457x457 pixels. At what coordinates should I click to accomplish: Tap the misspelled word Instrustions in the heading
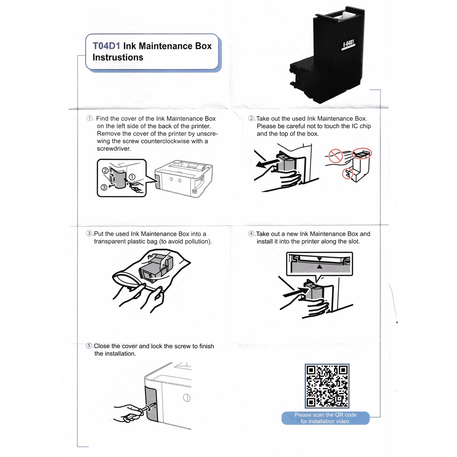(x=118, y=57)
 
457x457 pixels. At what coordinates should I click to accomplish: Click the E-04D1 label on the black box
(x=348, y=45)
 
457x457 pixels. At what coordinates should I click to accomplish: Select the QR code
(x=326, y=386)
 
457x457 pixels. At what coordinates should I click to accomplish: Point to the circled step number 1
(x=89, y=119)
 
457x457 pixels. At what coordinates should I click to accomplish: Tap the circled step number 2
(x=252, y=119)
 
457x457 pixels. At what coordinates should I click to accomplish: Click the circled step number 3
(x=89, y=234)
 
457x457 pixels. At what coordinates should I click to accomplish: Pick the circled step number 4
(x=252, y=234)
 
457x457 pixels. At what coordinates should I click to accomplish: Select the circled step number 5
(x=89, y=346)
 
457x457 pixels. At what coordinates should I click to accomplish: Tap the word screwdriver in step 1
(x=113, y=149)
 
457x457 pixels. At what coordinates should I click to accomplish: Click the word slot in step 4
(x=353, y=241)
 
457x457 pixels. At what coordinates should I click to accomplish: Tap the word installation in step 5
(x=120, y=353)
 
